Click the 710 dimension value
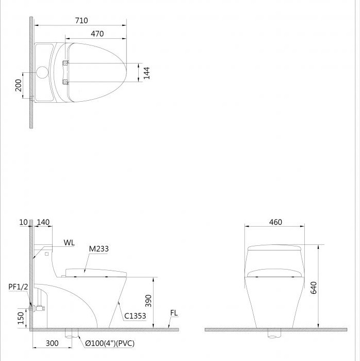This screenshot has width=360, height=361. (x=81, y=21)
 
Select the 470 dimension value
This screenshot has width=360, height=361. (x=97, y=34)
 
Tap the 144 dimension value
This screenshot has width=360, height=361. (x=146, y=73)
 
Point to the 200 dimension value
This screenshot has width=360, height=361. (x=19, y=85)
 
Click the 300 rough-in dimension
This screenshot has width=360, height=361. (x=52, y=343)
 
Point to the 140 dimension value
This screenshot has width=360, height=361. (x=44, y=222)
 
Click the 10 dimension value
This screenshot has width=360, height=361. (x=23, y=222)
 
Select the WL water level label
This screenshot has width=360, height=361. (x=69, y=242)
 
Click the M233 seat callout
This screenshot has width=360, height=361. (x=99, y=249)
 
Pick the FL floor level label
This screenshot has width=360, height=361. (x=174, y=313)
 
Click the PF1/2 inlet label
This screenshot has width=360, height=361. (x=18, y=287)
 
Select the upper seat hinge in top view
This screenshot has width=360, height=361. (x=65, y=63)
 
